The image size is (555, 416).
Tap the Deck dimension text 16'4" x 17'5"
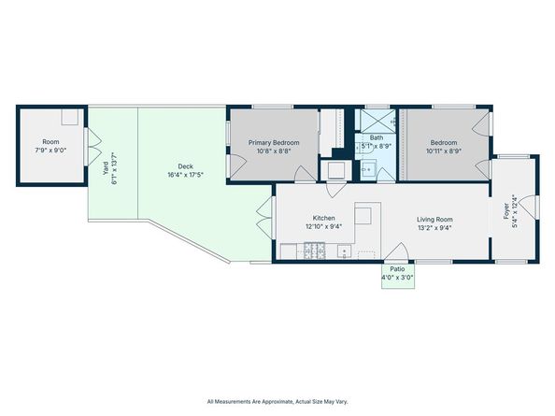[x=186, y=175]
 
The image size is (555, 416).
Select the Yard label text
[x=104, y=168]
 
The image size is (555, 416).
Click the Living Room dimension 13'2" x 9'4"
[x=434, y=225]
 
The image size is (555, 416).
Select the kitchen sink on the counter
[x=344, y=251]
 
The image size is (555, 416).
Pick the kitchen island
[x=367, y=214]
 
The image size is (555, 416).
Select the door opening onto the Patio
[x=397, y=254]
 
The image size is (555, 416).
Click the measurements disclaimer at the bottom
[x=277, y=399]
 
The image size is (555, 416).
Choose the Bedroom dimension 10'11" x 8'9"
[x=443, y=151]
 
